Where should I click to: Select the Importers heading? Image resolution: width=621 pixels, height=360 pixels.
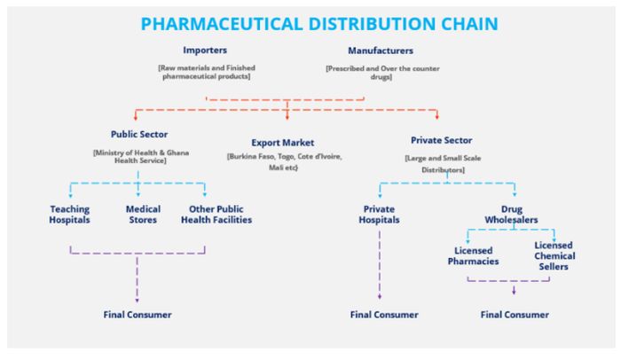(205, 51)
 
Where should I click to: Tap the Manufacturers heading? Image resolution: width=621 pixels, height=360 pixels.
(380, 51)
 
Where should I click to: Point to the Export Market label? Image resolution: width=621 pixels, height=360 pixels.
(282, 142)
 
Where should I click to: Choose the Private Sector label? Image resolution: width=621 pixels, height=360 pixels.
(441, 139)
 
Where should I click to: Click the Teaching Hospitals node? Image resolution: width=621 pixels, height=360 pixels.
(69, 215)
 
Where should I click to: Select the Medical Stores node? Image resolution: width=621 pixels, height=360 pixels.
(142, 215)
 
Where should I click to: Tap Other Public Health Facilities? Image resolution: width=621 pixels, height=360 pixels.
(216, 215)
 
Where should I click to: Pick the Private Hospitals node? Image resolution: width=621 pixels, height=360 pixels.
(379, 215)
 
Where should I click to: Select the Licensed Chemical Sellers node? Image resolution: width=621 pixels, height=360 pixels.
(553, 255)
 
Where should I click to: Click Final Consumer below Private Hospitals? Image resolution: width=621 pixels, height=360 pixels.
(384, 314)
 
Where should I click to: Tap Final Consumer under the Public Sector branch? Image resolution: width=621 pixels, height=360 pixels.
(138, 314)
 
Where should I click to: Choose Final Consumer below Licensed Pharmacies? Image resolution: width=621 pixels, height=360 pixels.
(515, 314)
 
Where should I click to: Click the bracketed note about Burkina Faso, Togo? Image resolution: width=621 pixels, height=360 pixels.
(282, 160)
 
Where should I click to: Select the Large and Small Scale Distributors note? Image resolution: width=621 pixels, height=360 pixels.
(441, 162)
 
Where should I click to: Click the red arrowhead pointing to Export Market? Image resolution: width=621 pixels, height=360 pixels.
(287, 116)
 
